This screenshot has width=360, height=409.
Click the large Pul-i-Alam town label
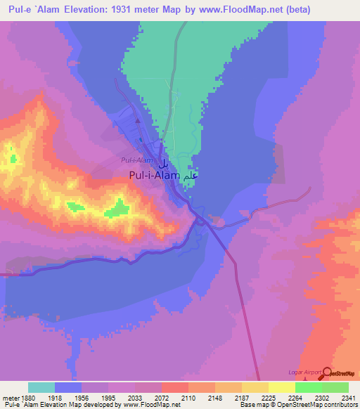(154, 177)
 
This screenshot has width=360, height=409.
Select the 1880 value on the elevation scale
(28, 397)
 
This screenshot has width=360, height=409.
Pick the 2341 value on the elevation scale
(349, 397)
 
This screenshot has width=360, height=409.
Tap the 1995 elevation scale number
(108, 397)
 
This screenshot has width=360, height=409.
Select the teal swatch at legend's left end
(41, 387)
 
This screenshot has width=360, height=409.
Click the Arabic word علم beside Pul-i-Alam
(187, 177)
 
